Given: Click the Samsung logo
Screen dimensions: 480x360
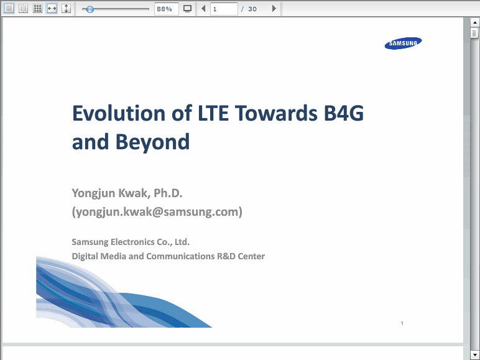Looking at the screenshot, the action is [403, 43].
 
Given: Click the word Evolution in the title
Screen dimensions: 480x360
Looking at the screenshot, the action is [119, 113].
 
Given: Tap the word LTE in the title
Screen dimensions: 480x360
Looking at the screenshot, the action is [213, 113].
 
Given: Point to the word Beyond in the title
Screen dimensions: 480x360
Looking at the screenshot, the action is [152, 142].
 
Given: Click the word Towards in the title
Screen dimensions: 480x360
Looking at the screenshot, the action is [277, 113].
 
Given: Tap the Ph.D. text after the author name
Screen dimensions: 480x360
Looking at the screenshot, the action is [168, 193].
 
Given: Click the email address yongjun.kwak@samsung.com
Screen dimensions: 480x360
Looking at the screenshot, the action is [157, 212].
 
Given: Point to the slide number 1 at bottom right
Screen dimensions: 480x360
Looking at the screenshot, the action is [402, 323].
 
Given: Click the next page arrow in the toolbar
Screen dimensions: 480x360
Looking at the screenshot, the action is [274, 9].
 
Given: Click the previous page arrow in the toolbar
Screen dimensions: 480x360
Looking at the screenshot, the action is [203, 9].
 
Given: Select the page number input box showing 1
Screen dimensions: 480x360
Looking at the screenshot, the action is [224, 9].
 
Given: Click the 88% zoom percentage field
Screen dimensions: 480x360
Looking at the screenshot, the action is [166, 9].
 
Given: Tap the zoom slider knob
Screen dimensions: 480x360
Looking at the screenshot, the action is [90, 9].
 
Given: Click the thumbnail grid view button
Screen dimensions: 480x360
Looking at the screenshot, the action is [37, 9].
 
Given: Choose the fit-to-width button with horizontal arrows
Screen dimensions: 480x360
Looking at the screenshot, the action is [52, 9].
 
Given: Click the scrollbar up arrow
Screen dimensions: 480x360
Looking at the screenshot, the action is [475, 22].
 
